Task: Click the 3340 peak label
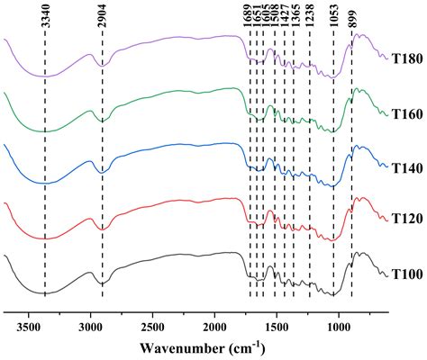(x=45, y=19)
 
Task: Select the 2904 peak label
(x=102, y=19)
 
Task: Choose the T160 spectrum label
(x=406, y=112)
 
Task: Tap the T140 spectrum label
(x=406, y=166)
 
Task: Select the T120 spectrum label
(x=406, y=219)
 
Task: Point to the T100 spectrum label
(x=406, y=273)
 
